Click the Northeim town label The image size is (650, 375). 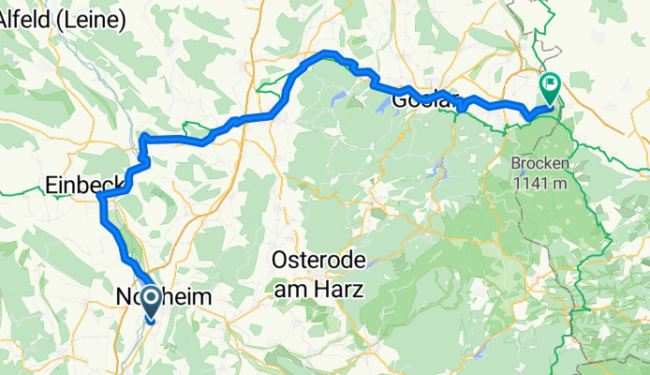point(165,297)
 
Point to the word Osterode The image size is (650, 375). point(318,259)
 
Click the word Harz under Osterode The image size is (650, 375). point(339,290)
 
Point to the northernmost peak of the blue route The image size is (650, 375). point(326,53)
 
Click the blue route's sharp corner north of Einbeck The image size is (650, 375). point(143,138)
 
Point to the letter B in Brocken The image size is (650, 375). point(516,163)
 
